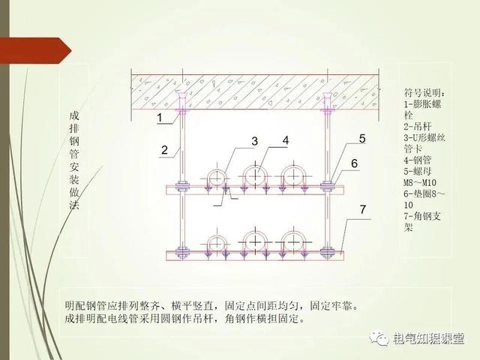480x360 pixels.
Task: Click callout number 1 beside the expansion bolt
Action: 159,118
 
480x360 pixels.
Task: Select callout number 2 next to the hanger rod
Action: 164,149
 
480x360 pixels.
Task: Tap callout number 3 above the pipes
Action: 254,141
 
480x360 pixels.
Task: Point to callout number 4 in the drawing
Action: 286,140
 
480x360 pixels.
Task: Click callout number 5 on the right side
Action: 361,139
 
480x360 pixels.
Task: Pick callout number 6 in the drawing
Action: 354,163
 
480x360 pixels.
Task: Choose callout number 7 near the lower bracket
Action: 362,210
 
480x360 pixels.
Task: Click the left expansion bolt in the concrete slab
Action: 182,99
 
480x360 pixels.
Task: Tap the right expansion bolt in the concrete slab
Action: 327,99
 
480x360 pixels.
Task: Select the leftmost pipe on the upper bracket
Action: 217,177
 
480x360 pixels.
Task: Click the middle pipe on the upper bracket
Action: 255,175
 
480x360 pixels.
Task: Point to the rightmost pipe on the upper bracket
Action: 291,175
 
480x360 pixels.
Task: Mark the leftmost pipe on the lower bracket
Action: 217,244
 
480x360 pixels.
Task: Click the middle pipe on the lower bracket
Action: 255,241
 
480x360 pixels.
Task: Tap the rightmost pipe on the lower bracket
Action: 291,241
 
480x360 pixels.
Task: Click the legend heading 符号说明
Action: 424,92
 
